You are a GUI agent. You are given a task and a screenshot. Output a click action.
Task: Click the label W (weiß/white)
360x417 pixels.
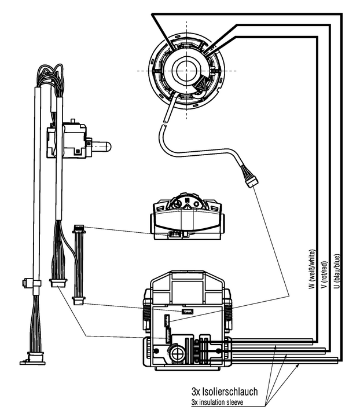click(x=313, y=269)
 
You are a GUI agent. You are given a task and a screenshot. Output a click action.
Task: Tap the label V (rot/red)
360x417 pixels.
click(x=324, y=275)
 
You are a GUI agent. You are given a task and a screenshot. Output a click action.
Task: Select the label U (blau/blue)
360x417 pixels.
click(x=337, y=272)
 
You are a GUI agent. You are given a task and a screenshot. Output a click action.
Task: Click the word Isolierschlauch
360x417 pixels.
click(x=230, y=392)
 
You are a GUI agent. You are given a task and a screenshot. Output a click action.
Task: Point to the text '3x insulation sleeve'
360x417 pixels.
click(x=217, y=403)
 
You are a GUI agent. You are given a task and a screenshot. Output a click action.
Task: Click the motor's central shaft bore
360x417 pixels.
click(x=185, y=70)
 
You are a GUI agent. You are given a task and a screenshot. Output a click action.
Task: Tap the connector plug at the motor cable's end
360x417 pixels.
click(x=252, y=182)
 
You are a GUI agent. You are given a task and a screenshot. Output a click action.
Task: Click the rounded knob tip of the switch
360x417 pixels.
click(x=105, y=147)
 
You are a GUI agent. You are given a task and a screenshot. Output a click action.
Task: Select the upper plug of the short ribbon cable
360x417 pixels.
click(x=79, y=229)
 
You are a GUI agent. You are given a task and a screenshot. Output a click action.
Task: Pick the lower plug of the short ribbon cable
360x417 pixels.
click(x=79, y=301)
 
